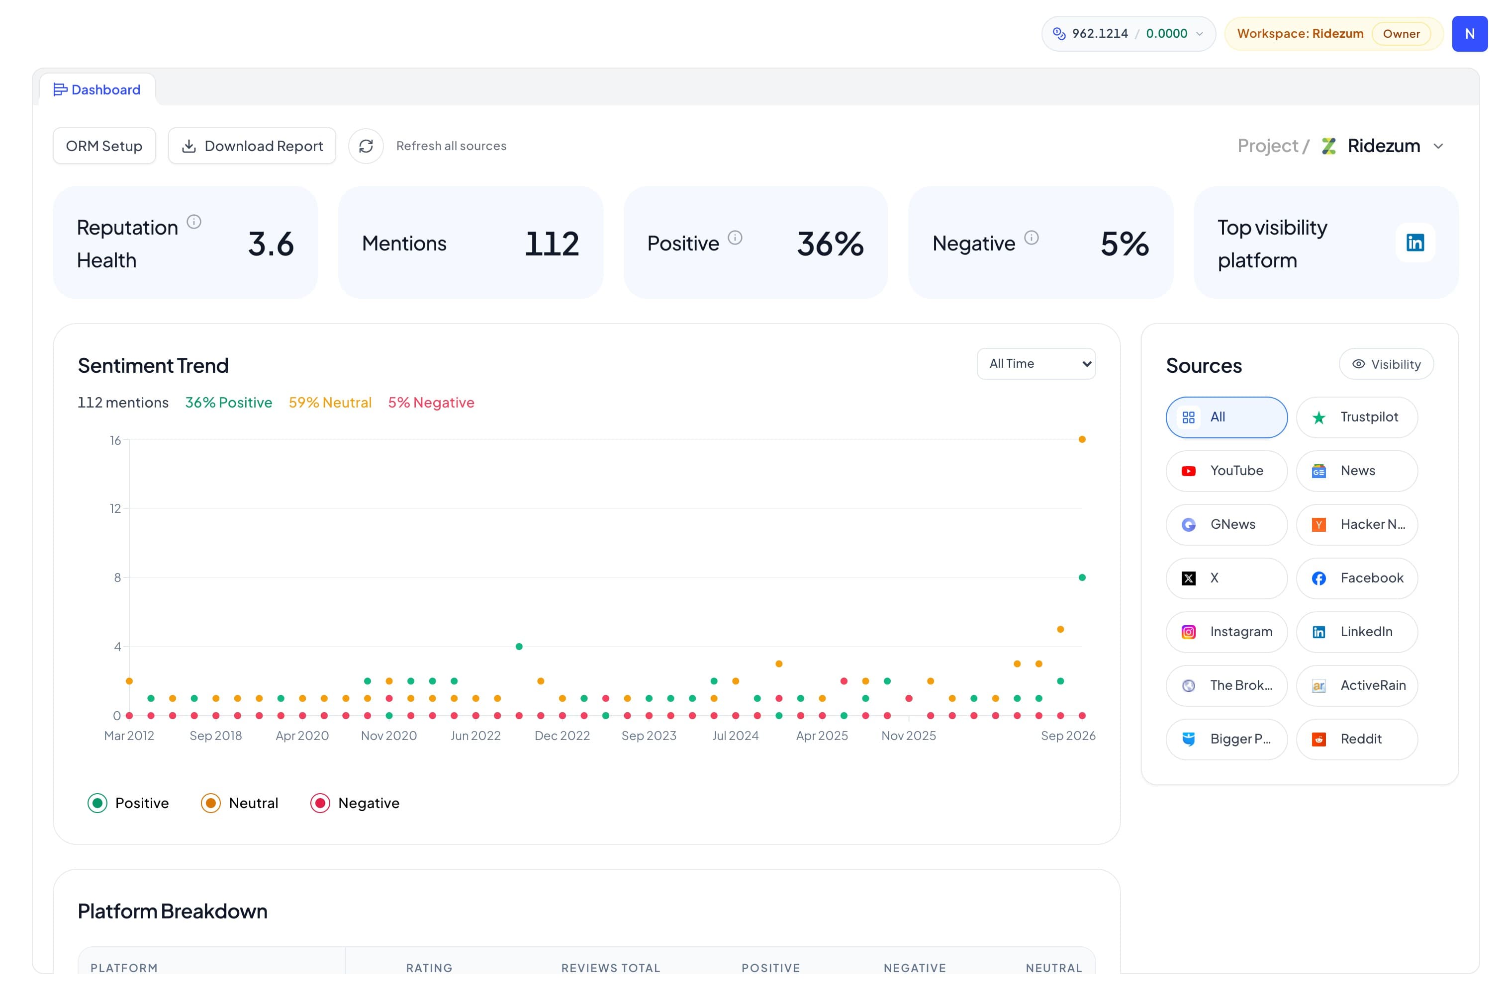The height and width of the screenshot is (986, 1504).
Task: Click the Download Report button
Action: point(252,146)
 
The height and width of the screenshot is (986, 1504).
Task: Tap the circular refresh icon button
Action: point(366,146)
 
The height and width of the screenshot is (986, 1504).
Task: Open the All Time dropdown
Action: point(1036,364)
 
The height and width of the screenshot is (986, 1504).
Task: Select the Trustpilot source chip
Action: point(1357,417)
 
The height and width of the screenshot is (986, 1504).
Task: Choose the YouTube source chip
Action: point(1226,471)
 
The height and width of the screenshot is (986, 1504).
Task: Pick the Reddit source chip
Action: point(1357,739)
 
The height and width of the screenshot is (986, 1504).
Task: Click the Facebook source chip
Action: point(1357,578)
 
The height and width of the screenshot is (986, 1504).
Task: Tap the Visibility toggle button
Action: point(1387,364)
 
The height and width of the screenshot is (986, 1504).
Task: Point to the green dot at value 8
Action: point(1082,578)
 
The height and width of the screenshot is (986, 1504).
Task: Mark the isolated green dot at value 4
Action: point(519,647)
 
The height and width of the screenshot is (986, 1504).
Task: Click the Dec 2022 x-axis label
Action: point(562,736)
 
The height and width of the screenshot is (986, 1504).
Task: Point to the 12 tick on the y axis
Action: point(115,508)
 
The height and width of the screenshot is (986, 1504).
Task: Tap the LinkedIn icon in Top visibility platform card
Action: point(1415,243)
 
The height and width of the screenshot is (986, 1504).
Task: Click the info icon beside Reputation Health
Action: point(194,222)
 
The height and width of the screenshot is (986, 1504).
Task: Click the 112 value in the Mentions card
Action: point(552,244)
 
